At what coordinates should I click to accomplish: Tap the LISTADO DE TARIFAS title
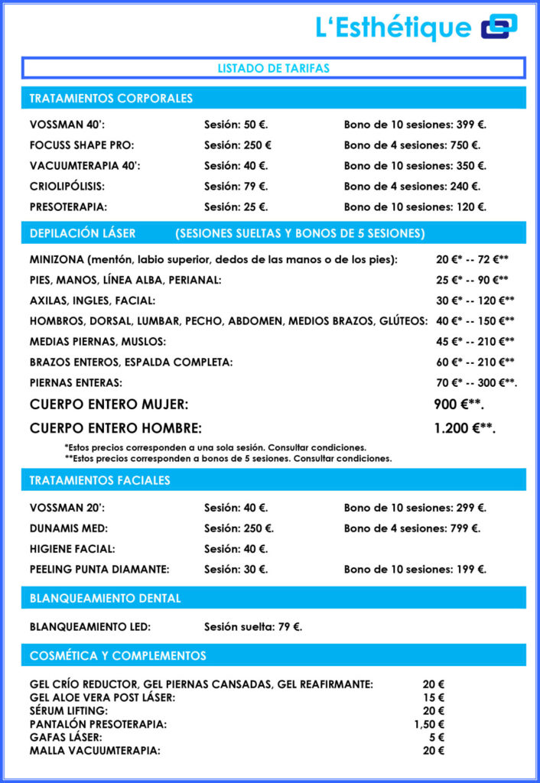273,68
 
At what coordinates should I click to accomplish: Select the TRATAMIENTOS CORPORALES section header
111,99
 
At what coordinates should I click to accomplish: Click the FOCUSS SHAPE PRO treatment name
76,145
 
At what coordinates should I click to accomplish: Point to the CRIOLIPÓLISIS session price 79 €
236,187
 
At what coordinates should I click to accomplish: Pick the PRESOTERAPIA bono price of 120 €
415,207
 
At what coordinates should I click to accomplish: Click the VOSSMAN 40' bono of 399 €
415,125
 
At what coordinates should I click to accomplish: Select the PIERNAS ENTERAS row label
76,382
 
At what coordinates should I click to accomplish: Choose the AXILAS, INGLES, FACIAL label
93,301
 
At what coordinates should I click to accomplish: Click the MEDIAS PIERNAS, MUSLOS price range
475,342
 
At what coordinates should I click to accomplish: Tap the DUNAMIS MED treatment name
69,528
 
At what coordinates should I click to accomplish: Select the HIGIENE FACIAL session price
236,549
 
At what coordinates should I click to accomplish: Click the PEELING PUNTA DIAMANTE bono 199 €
415,570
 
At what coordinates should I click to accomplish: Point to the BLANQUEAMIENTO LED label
90,627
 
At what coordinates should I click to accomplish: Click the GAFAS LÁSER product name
66,737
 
